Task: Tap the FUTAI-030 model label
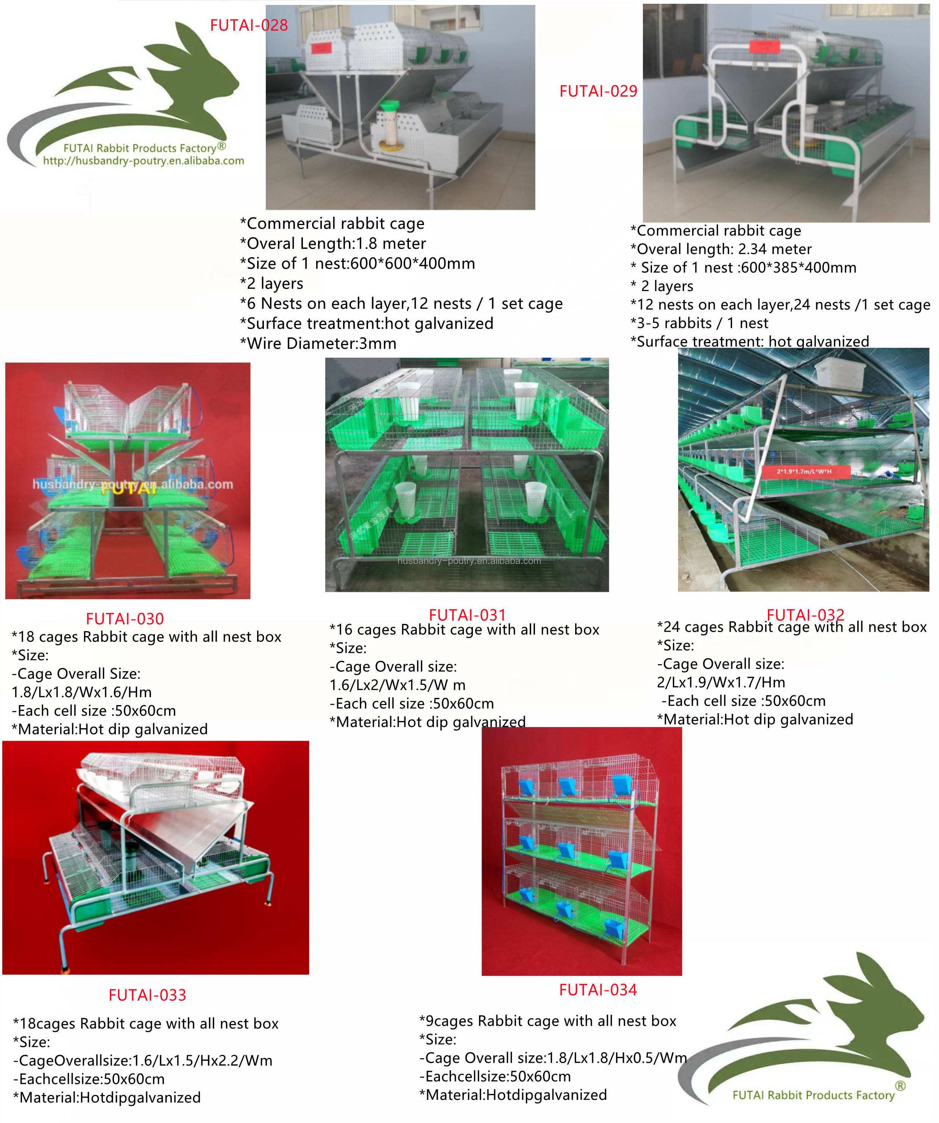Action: point(125,619)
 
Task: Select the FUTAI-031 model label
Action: point(467,615)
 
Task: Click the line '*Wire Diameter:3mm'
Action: point(318,343)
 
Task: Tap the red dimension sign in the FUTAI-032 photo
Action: point(804,471)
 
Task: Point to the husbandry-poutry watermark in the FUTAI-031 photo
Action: point(469,560)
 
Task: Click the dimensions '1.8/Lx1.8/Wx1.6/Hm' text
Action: point(81,692)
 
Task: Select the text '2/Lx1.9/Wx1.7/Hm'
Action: point(721,682)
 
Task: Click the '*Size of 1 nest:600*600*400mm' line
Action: point(357,263)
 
